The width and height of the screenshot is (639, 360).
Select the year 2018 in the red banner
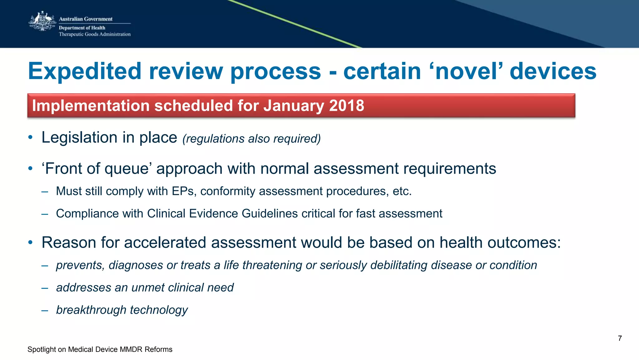coord(347,106)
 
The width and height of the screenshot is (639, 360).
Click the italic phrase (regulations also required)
coord(251,139)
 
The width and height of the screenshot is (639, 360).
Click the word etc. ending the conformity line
coord(402,191)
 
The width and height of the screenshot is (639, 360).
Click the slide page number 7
coord(620,338)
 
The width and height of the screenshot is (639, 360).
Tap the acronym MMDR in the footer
coord(131,349)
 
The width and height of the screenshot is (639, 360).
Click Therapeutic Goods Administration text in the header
coord(95,34)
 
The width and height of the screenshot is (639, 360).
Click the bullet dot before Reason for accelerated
coord(30,243)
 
